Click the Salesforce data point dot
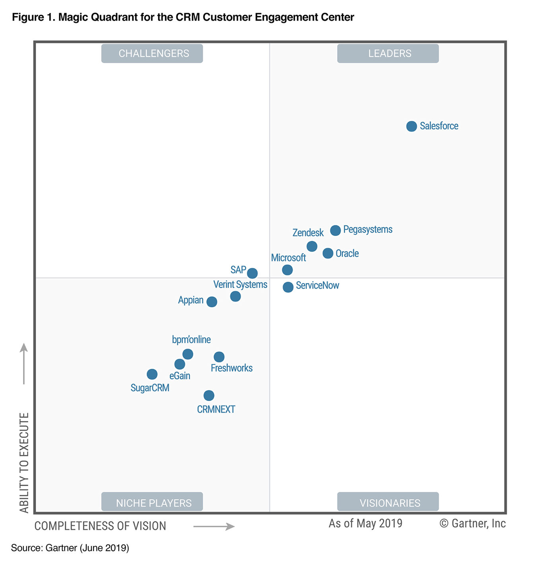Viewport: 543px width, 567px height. (411, 126)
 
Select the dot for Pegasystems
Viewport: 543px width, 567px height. (335, 230)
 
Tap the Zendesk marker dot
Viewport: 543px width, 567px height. (312, 246)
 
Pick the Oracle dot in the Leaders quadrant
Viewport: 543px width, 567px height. (328, 253)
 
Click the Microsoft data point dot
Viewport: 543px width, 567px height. (287, 270)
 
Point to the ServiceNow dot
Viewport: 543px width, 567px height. (288, 287)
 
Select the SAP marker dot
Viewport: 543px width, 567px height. (252, 273)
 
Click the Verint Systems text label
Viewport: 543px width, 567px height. (240, 284)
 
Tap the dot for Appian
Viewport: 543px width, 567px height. (211, 302)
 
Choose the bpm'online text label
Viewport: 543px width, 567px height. (191, 339)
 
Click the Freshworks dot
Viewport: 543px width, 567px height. (219, 357)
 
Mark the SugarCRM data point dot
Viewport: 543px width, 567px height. (152, 374)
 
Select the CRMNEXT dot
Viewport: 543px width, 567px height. (209, 396)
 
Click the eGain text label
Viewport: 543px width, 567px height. (180, 376)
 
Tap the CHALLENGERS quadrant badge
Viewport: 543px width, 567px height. (152, 53)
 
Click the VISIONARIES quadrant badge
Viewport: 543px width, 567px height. (388, 502)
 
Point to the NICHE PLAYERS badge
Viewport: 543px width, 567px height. (152, 502)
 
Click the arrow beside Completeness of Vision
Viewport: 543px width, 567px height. (214, 526)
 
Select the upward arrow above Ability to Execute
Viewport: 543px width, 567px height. (24, 363)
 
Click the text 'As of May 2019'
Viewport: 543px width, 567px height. (365, 523)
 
